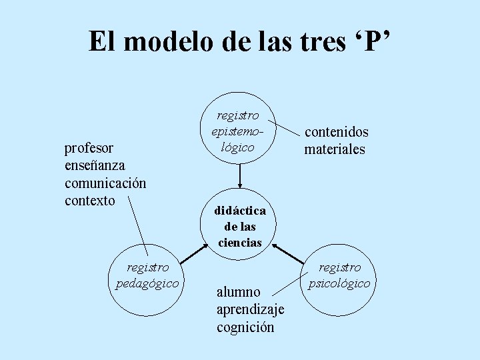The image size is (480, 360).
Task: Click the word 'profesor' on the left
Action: pyautogui.click(x=88, y=147)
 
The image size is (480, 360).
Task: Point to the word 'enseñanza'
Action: pyautogui.click(x=95, y=165)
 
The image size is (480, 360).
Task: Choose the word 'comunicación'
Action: pyautogui.click(x=105, y=183)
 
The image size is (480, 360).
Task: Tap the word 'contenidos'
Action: pyautogui.click(x=336, y=132)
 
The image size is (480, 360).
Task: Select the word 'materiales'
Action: pyautogui.click(x=335, y=149)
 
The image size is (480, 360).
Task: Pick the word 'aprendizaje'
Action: pyautogui.click(x=250, y=309)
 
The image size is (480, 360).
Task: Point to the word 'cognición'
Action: pyautogui.click(x=245, y=327)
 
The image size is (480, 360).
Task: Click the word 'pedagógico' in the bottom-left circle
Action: pyautogui.click(x=147, y=283)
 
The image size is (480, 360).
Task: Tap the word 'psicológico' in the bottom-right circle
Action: pyautogui.click(x=340, y=283)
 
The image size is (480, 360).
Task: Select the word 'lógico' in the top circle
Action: pyautogui.click(x=237, y=147)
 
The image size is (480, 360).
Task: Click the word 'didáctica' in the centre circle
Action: pyautogui.click(x=240, y=211)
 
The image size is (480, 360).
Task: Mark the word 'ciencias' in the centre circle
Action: pyautogui.click(x=240, y=243)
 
